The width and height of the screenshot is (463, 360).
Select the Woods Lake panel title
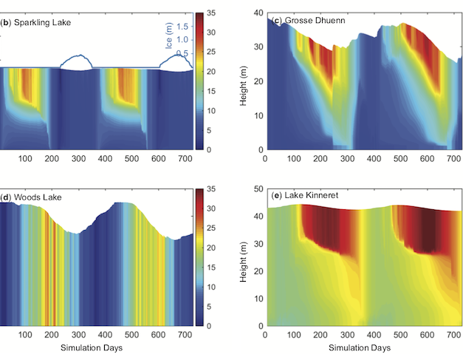tap(28, 197)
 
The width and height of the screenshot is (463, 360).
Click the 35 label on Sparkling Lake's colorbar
tap(210, 13)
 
